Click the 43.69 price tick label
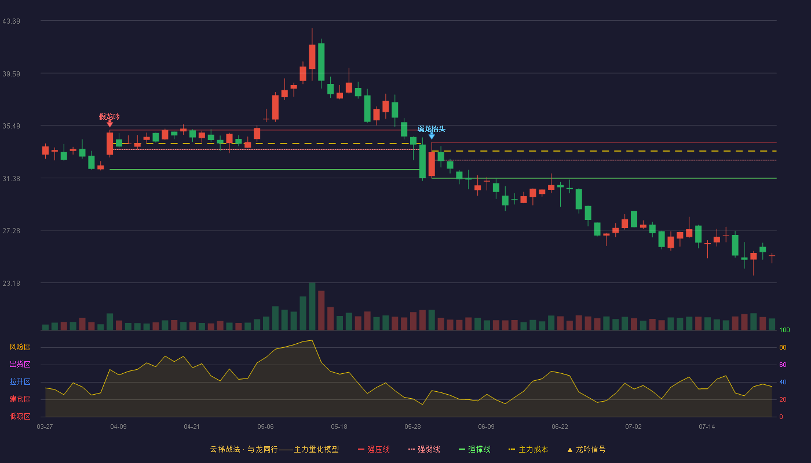11,21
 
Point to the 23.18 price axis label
11,283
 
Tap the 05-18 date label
339,427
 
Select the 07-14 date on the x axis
707,427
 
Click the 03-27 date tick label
45,427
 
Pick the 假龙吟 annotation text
109,116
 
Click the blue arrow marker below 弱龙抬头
432,135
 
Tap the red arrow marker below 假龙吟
109,124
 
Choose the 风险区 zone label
20,347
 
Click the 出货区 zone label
20,364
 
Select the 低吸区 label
20,416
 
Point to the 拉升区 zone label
20,381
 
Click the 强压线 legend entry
374,449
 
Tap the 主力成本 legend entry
528,449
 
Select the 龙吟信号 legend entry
586,449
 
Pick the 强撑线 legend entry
474,449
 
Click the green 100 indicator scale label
784,330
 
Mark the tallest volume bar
312,306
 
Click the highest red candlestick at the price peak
312,57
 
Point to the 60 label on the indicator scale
783,365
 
